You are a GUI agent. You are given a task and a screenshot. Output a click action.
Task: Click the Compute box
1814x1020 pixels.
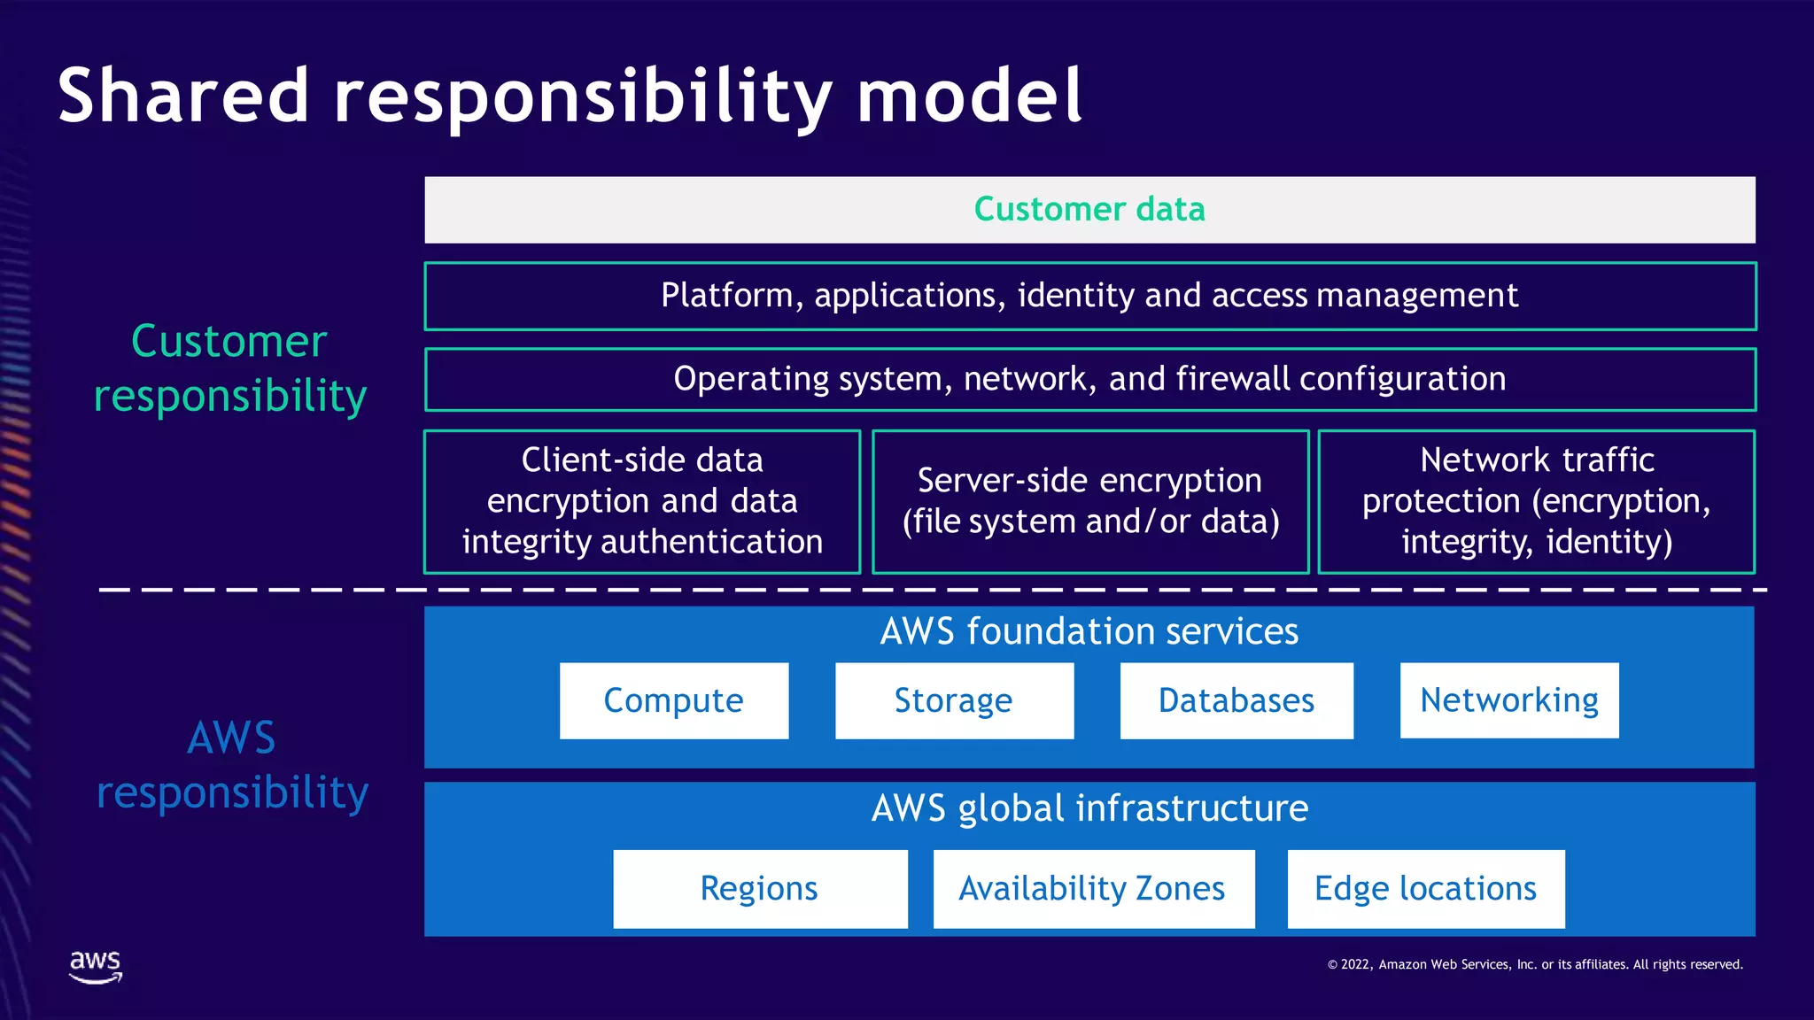(674, 700)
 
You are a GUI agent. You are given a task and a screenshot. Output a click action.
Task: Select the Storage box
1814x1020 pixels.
(954, 700)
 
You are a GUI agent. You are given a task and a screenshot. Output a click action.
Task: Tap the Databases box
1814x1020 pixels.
(1236, 700)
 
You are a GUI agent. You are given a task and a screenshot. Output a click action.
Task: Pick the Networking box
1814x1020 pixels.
(1509, 700)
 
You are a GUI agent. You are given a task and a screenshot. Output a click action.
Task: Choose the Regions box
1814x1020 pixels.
(760, 889)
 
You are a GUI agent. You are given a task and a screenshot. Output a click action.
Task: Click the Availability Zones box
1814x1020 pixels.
(1093, 889)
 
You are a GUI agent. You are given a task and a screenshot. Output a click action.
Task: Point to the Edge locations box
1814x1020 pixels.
(1425, 889)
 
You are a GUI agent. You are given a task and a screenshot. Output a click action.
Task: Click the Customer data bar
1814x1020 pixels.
(1089, 210)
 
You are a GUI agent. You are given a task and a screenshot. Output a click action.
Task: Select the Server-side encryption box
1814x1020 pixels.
(1090, 501)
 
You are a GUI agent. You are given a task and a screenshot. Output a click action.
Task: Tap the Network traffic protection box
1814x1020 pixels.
(1537, 501)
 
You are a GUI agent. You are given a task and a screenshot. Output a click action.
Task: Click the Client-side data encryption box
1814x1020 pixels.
(642, 501)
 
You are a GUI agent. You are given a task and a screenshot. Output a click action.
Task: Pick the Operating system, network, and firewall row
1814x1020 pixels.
(1089, 379)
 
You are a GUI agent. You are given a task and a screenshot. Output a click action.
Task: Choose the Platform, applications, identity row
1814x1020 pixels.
(1089, 296)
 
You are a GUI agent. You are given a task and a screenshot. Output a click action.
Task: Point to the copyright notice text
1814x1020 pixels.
(1534, 964)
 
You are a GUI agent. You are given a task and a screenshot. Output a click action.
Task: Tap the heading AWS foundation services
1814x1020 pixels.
(1089, 631)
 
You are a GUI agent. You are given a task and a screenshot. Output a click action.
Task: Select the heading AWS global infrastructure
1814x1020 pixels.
(1089, 808)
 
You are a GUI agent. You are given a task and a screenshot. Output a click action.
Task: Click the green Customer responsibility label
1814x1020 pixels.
(230, 367)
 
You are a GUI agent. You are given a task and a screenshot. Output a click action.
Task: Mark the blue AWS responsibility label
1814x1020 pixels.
(232, 765)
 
